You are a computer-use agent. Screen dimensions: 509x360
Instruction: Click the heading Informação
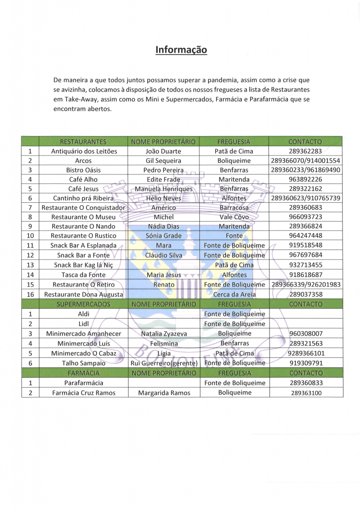[181, 50]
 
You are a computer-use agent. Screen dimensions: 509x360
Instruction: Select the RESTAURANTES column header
[84, 142]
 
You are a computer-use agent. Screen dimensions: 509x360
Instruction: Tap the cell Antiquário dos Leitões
[84, 151]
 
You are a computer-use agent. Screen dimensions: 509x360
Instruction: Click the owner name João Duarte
[163, 151]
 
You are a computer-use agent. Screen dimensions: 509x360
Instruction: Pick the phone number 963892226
[305, 179]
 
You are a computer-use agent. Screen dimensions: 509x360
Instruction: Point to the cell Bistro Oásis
[84, 170]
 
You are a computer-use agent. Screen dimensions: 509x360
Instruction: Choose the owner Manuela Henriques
[163, 189]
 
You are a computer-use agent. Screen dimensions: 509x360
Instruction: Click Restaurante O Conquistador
[84, 207]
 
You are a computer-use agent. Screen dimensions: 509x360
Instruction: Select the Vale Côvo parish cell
[234, 217]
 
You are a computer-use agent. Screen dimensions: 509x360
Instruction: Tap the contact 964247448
[305, 236]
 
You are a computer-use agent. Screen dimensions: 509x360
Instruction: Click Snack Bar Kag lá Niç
[84, 265]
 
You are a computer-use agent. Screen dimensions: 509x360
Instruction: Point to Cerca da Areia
[234, 294]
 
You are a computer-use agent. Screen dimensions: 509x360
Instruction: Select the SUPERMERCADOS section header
[84, 304]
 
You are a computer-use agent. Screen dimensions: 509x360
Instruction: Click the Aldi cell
[84, 314]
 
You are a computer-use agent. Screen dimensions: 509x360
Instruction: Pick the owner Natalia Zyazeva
[163, 334]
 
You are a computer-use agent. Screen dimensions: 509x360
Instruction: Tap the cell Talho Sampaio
[84, 363]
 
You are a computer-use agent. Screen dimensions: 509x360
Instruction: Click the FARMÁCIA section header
[84, 373]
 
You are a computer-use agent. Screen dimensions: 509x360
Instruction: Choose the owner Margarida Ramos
[163, 393]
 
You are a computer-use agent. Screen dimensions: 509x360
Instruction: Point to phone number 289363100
[305, 393]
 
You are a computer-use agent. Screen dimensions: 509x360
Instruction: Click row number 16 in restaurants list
[30, 294]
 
